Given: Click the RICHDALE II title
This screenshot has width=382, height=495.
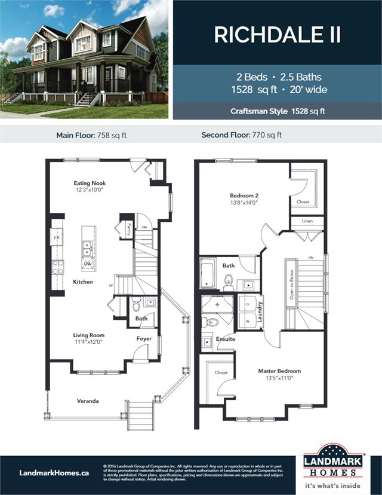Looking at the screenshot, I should coord(278,35).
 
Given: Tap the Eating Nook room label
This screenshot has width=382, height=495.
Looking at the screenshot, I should coord(90,184).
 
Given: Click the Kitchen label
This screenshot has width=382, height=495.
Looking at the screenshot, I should coord(83,282).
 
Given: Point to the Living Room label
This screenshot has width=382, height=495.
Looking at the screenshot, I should coord(89,335).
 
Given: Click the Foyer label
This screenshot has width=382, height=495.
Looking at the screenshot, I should coord(144,338).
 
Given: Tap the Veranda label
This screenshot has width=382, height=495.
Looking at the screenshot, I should coord(88,401).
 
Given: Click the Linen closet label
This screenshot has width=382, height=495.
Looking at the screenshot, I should coord(307,222).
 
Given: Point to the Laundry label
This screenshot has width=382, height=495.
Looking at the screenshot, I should coord(260,311).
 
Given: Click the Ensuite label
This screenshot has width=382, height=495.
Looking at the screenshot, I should coord(226,339).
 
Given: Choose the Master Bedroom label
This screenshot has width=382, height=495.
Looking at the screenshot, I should coord(279,371).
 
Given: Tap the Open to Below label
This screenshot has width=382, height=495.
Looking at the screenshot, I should coord(291,283).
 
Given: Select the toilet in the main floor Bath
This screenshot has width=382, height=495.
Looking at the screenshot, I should coord(136,307).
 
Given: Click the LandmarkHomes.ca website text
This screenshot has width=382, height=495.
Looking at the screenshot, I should coord(54,472).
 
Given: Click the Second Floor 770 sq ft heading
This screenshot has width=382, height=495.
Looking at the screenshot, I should coord(242,135).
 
